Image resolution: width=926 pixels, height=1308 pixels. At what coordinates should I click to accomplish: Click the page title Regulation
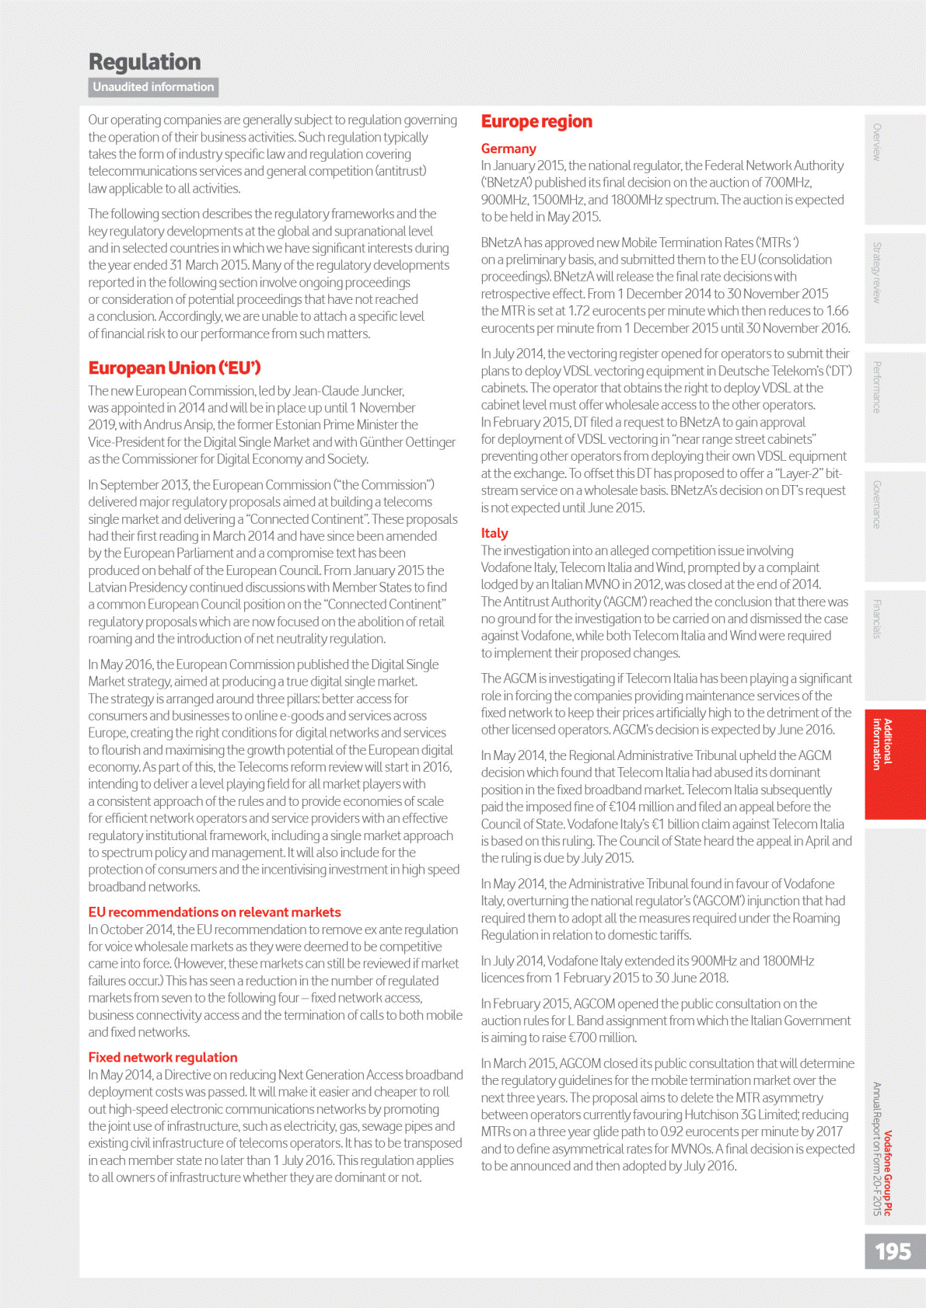click(145, 62)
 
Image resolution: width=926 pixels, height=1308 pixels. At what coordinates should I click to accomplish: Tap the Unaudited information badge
click(153, 87)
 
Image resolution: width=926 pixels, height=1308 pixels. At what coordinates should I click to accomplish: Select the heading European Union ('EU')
click(174, 368)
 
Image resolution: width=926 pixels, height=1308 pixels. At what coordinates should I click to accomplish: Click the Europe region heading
click(536, 121)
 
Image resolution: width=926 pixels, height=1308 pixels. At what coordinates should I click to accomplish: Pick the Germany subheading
click(508, 148)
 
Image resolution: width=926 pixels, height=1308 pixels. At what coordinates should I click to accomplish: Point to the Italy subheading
click(494, 533)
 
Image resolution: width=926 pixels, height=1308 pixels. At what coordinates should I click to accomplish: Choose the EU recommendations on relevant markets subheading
click(215, 912)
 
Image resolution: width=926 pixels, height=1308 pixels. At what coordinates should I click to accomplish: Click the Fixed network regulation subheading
click(162, 1057)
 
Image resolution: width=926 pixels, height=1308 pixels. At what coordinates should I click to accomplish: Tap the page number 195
click(893, 1251)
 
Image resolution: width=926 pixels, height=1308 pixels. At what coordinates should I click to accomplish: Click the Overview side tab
click(877, 141)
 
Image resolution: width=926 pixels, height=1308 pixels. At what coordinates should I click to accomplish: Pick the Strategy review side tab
click(877, 272)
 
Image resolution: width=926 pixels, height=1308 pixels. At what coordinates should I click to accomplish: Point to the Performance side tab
click(877, 387)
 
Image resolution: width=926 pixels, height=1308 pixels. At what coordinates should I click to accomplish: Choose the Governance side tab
click(877, 504)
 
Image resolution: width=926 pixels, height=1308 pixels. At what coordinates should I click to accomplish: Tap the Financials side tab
click(877, 619)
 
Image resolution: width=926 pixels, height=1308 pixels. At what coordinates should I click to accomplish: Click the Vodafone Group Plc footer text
click(888, 1174)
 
